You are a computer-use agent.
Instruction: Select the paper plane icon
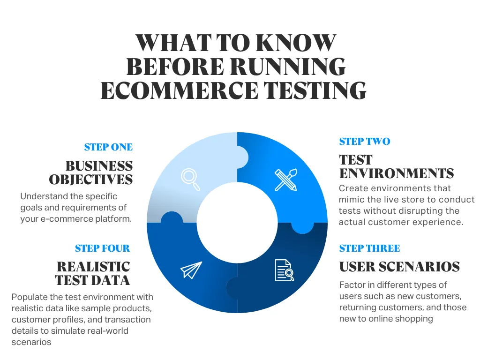191,270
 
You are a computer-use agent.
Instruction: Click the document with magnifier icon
284,270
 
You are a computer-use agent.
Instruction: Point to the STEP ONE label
108,147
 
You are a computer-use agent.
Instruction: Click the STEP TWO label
364,142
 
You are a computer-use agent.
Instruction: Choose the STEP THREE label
369,248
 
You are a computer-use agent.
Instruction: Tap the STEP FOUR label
102,248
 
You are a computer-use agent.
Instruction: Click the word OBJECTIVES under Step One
91,180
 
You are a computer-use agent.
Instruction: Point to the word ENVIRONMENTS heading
396,173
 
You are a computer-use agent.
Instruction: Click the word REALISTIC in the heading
93,267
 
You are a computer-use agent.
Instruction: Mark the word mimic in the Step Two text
351,200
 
